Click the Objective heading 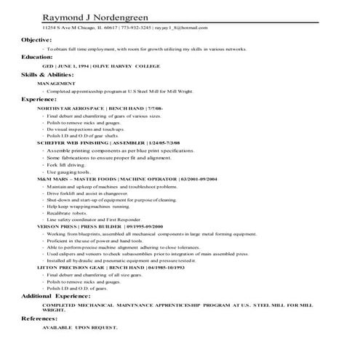[36, 39]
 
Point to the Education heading [37, 56]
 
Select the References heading [39, 319]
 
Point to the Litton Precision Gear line [101, 268]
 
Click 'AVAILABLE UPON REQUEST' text [79, 328]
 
